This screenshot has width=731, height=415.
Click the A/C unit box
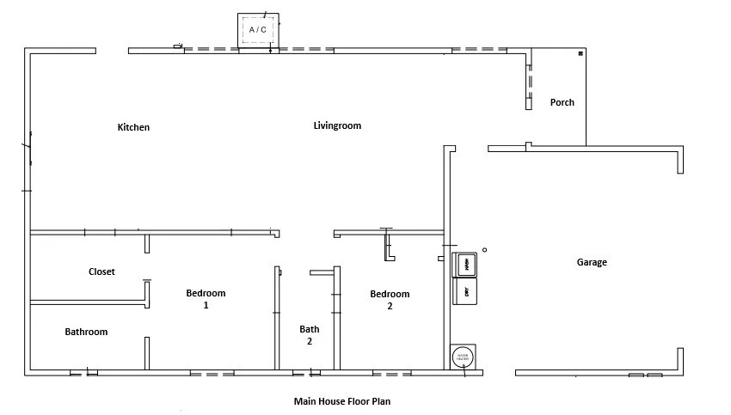(258, 30)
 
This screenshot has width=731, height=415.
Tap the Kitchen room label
(133, 127)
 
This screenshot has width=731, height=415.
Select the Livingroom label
(337, 125)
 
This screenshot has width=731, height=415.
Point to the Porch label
(562, 102)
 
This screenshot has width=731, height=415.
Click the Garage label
(592, 262)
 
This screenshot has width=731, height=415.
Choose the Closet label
(101, 272)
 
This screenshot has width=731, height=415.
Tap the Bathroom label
(86, 332)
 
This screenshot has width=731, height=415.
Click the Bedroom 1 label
(206, 298)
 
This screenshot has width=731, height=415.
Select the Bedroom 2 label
(390, 299)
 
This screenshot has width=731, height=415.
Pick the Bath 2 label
(310, 334)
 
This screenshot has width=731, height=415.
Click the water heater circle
(463, 356)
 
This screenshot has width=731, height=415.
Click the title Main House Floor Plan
(342, 400)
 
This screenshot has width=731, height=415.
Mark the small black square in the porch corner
(580, 54)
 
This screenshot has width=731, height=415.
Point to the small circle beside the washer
(484, 250)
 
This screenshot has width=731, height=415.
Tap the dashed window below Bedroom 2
(391, 374)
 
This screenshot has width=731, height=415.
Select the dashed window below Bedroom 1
(212, 374)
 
